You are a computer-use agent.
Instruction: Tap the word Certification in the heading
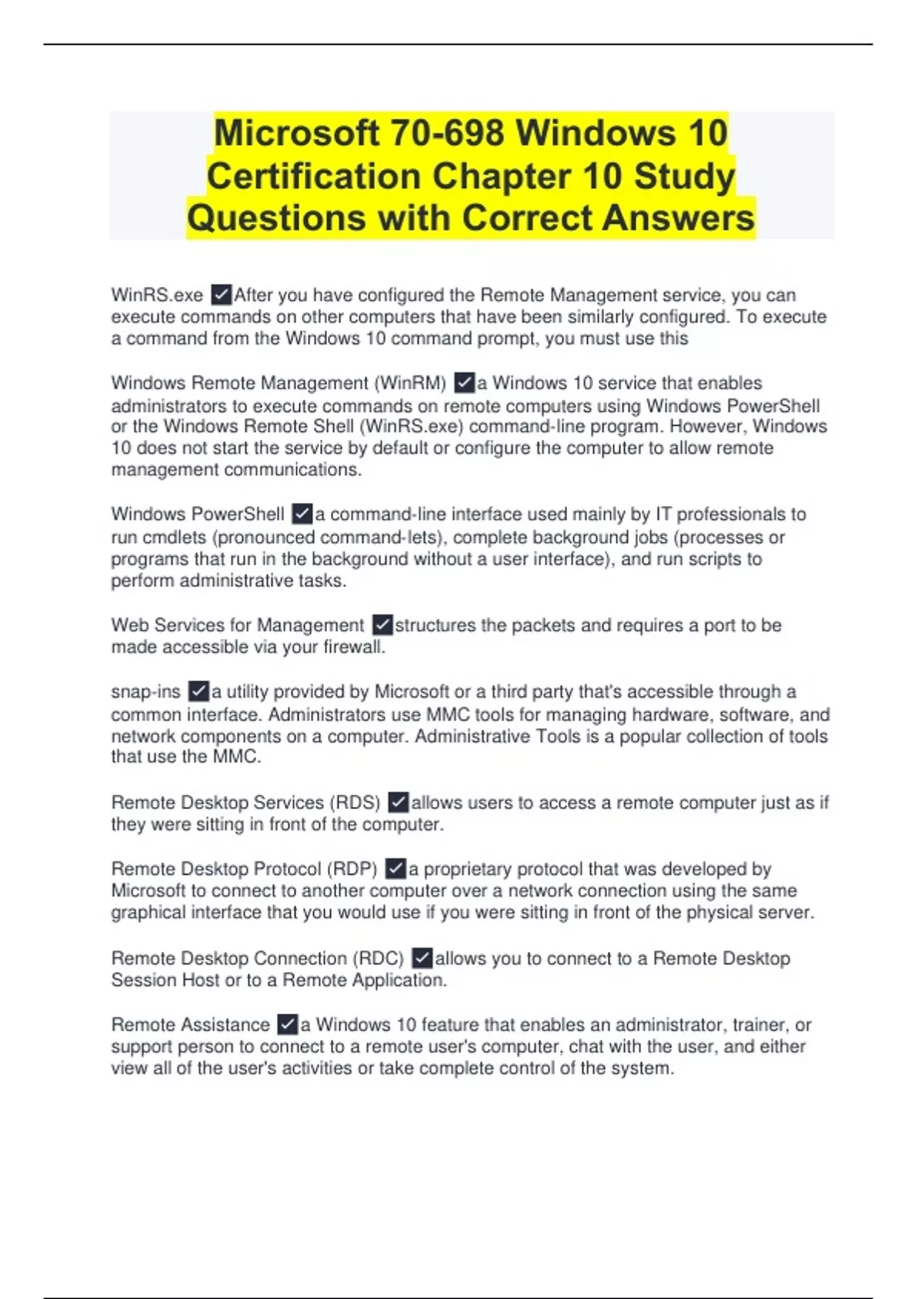314,177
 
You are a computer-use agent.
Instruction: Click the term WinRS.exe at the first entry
157,295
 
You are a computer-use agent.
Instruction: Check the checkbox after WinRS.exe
222,295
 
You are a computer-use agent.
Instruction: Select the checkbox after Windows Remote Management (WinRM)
464,382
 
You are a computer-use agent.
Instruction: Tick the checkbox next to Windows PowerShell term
303,513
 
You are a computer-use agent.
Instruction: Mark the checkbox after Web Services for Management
383,625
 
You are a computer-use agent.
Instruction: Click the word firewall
355,647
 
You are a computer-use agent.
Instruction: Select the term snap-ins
145,692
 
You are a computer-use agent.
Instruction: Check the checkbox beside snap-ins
199,692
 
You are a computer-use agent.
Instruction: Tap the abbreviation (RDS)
355,802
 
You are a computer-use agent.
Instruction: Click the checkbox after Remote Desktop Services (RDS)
399,802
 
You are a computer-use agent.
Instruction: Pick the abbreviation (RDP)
352,869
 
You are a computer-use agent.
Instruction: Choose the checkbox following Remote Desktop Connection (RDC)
422,957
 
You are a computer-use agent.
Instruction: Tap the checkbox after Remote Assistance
287,1024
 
